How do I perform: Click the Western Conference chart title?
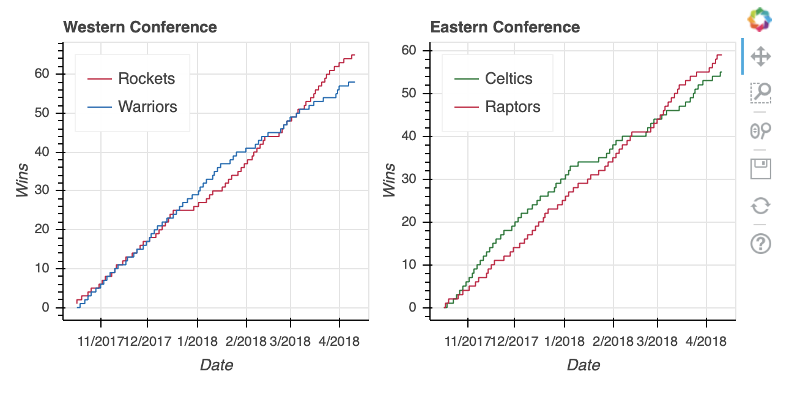click(x=140, y=28)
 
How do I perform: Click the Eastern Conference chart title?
click(x=505, y=28)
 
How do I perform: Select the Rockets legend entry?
click(x=146, y=78)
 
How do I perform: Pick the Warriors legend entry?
click(x=147, y=107)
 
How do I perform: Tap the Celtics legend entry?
click(x=508, y=78)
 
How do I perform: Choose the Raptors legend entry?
click(x=513, y=107)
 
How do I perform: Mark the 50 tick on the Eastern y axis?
click(x=411, y=94)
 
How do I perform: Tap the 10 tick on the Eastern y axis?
click(x=411, y=265)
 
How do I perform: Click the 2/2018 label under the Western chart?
click(x=246, y=341)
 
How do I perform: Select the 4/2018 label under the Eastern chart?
click(x=706, y=341)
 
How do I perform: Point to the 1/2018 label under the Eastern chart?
click(x=564, y=341)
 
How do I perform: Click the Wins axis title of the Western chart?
click(x=23, y=181)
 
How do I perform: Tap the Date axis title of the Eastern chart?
click(x=583, y=365)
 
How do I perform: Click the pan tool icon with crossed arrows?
click(x=760, y=57)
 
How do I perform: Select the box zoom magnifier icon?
click(x=760, y=93)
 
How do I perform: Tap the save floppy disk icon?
click(x=760, y=168)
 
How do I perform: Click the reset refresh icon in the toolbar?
click(x=760, y=206)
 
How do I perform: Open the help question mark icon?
click(x=760, y=244)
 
